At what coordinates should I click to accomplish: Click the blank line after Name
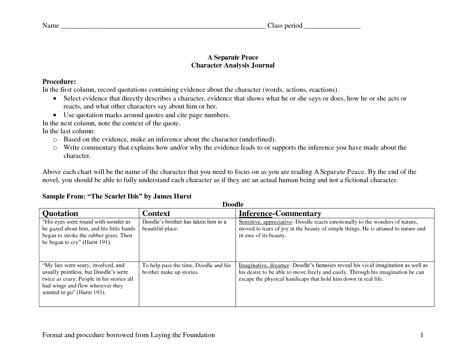coord(163,27)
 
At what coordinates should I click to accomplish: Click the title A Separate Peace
coord(233,57)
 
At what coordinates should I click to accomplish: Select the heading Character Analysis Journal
coord(233,65)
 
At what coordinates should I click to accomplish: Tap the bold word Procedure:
coord(59,82)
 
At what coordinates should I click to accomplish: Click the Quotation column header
coord(60,213)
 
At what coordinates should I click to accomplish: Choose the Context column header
coord(156,213)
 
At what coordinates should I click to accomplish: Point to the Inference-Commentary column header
coord(280,213)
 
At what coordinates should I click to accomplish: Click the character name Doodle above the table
coord(233,204)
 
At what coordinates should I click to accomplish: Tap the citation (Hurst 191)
coord(97,242)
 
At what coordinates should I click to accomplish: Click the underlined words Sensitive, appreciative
coord(265,222)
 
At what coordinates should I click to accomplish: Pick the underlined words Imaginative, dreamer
coord(264,265)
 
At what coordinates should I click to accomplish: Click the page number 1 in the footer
coord(422,335)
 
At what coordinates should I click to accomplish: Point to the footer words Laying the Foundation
coord(183,335)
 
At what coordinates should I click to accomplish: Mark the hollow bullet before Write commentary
coord(55,148)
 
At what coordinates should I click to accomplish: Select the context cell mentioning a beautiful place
coord(184,225)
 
